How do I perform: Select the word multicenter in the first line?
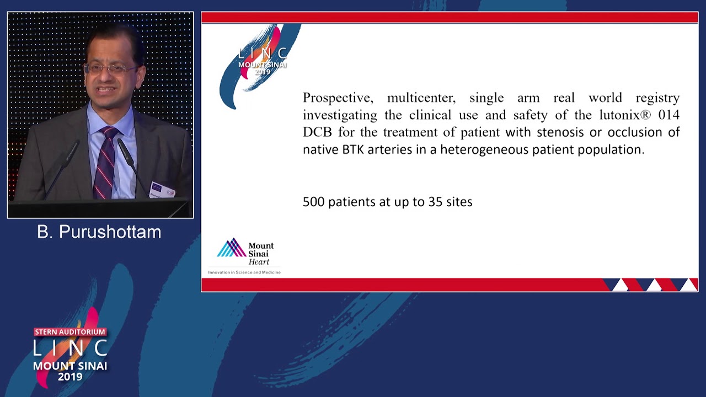[x=421, y=98]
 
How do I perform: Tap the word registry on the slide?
[x=657, y=98]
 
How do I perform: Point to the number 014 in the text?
[x=669, y=115]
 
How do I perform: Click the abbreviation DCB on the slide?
[x=317, y=132]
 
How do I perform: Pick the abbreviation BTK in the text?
[x=354, y=149]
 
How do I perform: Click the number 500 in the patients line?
[x=314, y=202]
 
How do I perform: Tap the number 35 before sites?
[x=435, y=202]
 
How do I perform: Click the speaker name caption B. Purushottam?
[x=99, y=232]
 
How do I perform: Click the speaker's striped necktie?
[x=105, y=163]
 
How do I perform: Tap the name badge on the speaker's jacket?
[x=163, y=190]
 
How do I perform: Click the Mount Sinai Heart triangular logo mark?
[x=231, y=248]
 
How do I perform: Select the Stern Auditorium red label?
[x=70, y=332]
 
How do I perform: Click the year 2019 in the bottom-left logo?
[x=70, y=377]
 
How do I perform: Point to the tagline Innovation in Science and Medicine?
[x=244, y=272]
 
